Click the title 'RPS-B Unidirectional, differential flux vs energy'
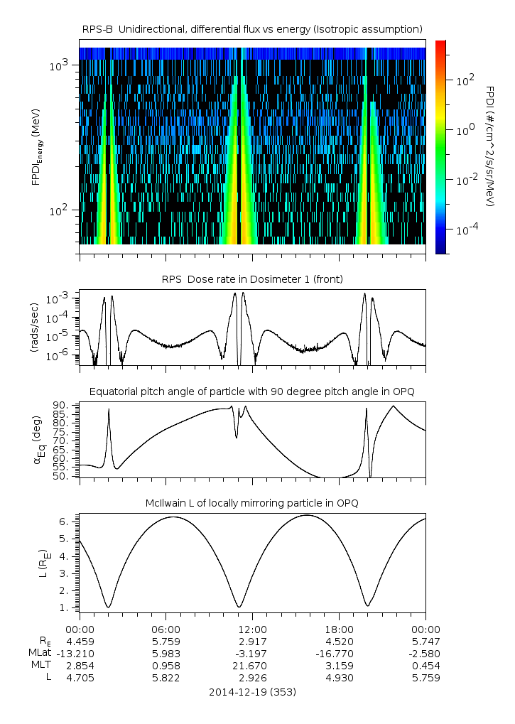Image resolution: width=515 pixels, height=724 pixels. tap(252, 28)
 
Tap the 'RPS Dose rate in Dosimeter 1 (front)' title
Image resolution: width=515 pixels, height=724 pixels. tap(252, 279)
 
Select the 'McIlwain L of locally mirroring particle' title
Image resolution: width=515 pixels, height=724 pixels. tap(252, 503)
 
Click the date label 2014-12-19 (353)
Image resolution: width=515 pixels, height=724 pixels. tap(252, 691)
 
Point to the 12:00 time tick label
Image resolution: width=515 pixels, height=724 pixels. tap(252, 629)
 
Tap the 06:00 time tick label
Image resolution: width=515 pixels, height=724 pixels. tap(166, 629)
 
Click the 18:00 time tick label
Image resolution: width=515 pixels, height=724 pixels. tap(339, 629)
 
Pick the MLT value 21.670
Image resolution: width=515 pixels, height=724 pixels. tap(252, 666)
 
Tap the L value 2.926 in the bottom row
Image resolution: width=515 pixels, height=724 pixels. tap(252, 678)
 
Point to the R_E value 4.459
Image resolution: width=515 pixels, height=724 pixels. tap(80, 641)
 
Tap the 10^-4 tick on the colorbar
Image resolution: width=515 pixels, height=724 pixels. tap(465, 231)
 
